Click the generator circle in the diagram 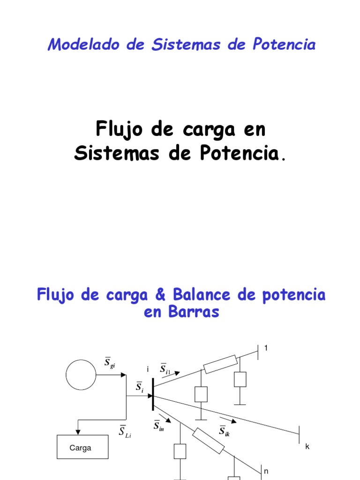[x=81, y=375]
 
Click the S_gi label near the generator [x=110, y=363]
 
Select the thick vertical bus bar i [x=153, y=395]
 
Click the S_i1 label [x=165, y=369]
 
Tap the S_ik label [x=224, y=430]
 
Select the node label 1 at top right [x=267, y=348]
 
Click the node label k [x=307, y=446]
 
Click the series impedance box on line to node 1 [x=220, y=364]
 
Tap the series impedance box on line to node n [x=208, y=440]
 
